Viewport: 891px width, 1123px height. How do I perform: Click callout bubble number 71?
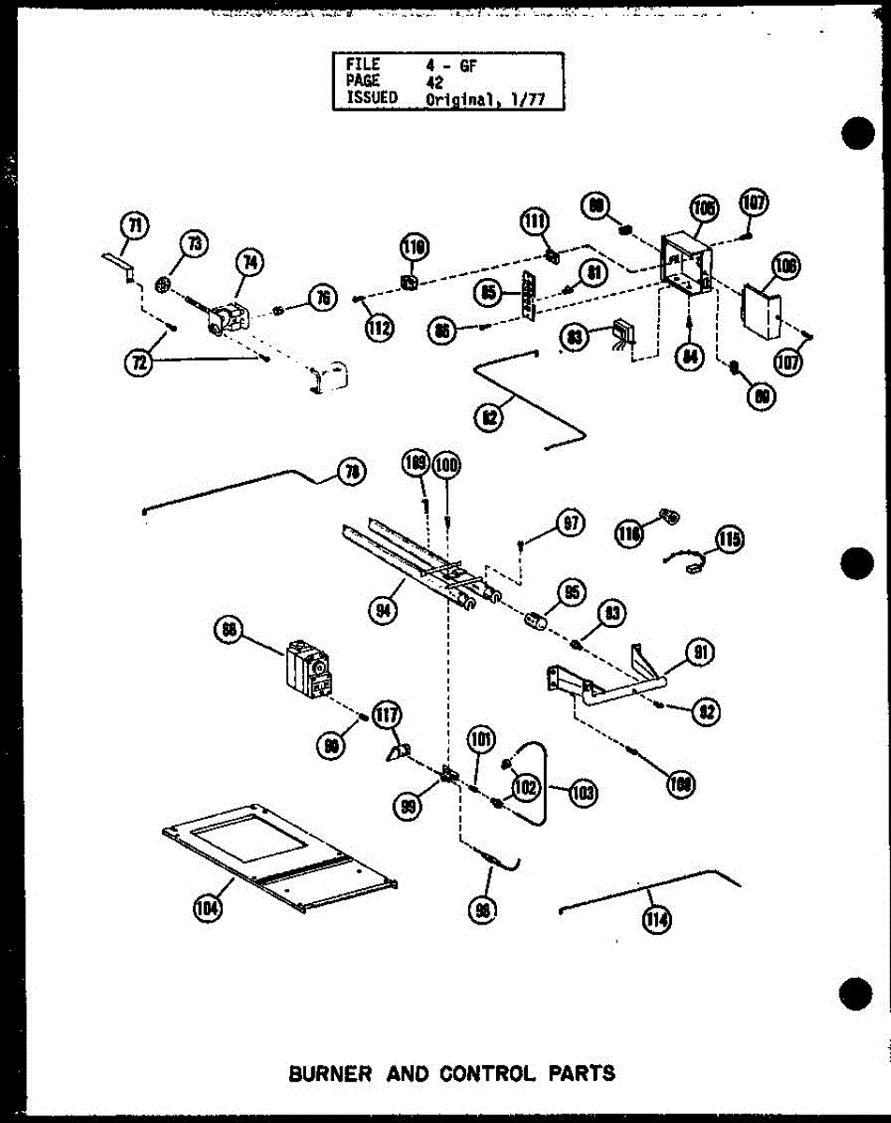click(136, 226)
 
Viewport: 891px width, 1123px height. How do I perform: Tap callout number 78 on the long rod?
click(352, 474)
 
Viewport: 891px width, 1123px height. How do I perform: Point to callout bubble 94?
click(383, 611)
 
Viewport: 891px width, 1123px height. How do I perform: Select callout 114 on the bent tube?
click(656, 921)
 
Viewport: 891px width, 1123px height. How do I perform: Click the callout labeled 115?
click(730, 539)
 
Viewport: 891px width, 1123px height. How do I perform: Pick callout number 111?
click(533, 223)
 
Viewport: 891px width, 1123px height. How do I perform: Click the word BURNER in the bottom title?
click(329, 1072)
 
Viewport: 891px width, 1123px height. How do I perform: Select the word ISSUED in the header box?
click(372, 97)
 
